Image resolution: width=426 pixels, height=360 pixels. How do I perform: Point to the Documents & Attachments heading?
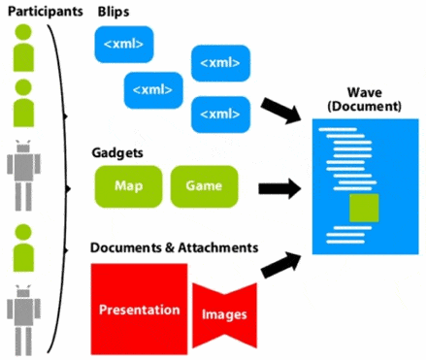point(174,247)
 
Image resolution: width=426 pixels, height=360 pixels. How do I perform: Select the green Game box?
point(204,185)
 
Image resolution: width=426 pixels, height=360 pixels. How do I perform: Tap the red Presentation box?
point(139,310)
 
